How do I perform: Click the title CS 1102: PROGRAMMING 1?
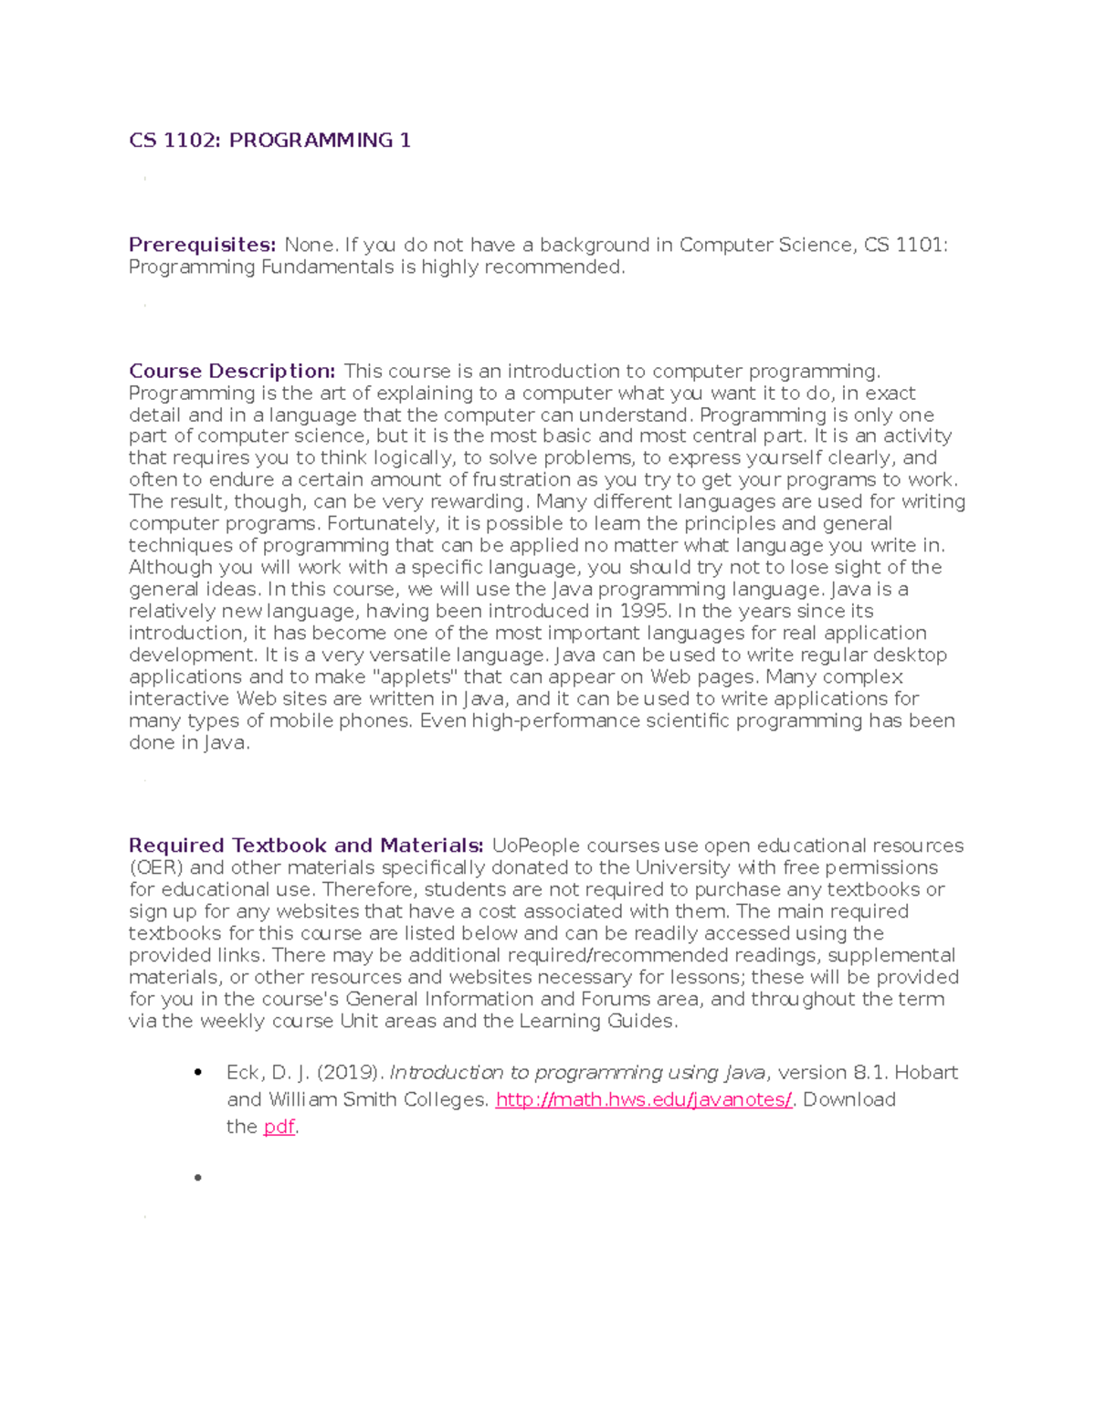(x=269, y=141)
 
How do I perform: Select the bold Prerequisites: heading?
(x=202, y=245)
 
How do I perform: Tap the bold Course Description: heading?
(x=232, y=372)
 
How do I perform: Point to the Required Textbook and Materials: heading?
(x=306, y=846)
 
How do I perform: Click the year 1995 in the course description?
(x=643, y=611)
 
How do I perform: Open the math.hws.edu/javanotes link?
(x=643, y=1099)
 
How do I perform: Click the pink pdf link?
(x=279, y=1127)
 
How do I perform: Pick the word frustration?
(x=522, y=479)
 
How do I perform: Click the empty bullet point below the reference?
(x=196, y=1178)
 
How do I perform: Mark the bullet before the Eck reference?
(x=196, y=1073)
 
